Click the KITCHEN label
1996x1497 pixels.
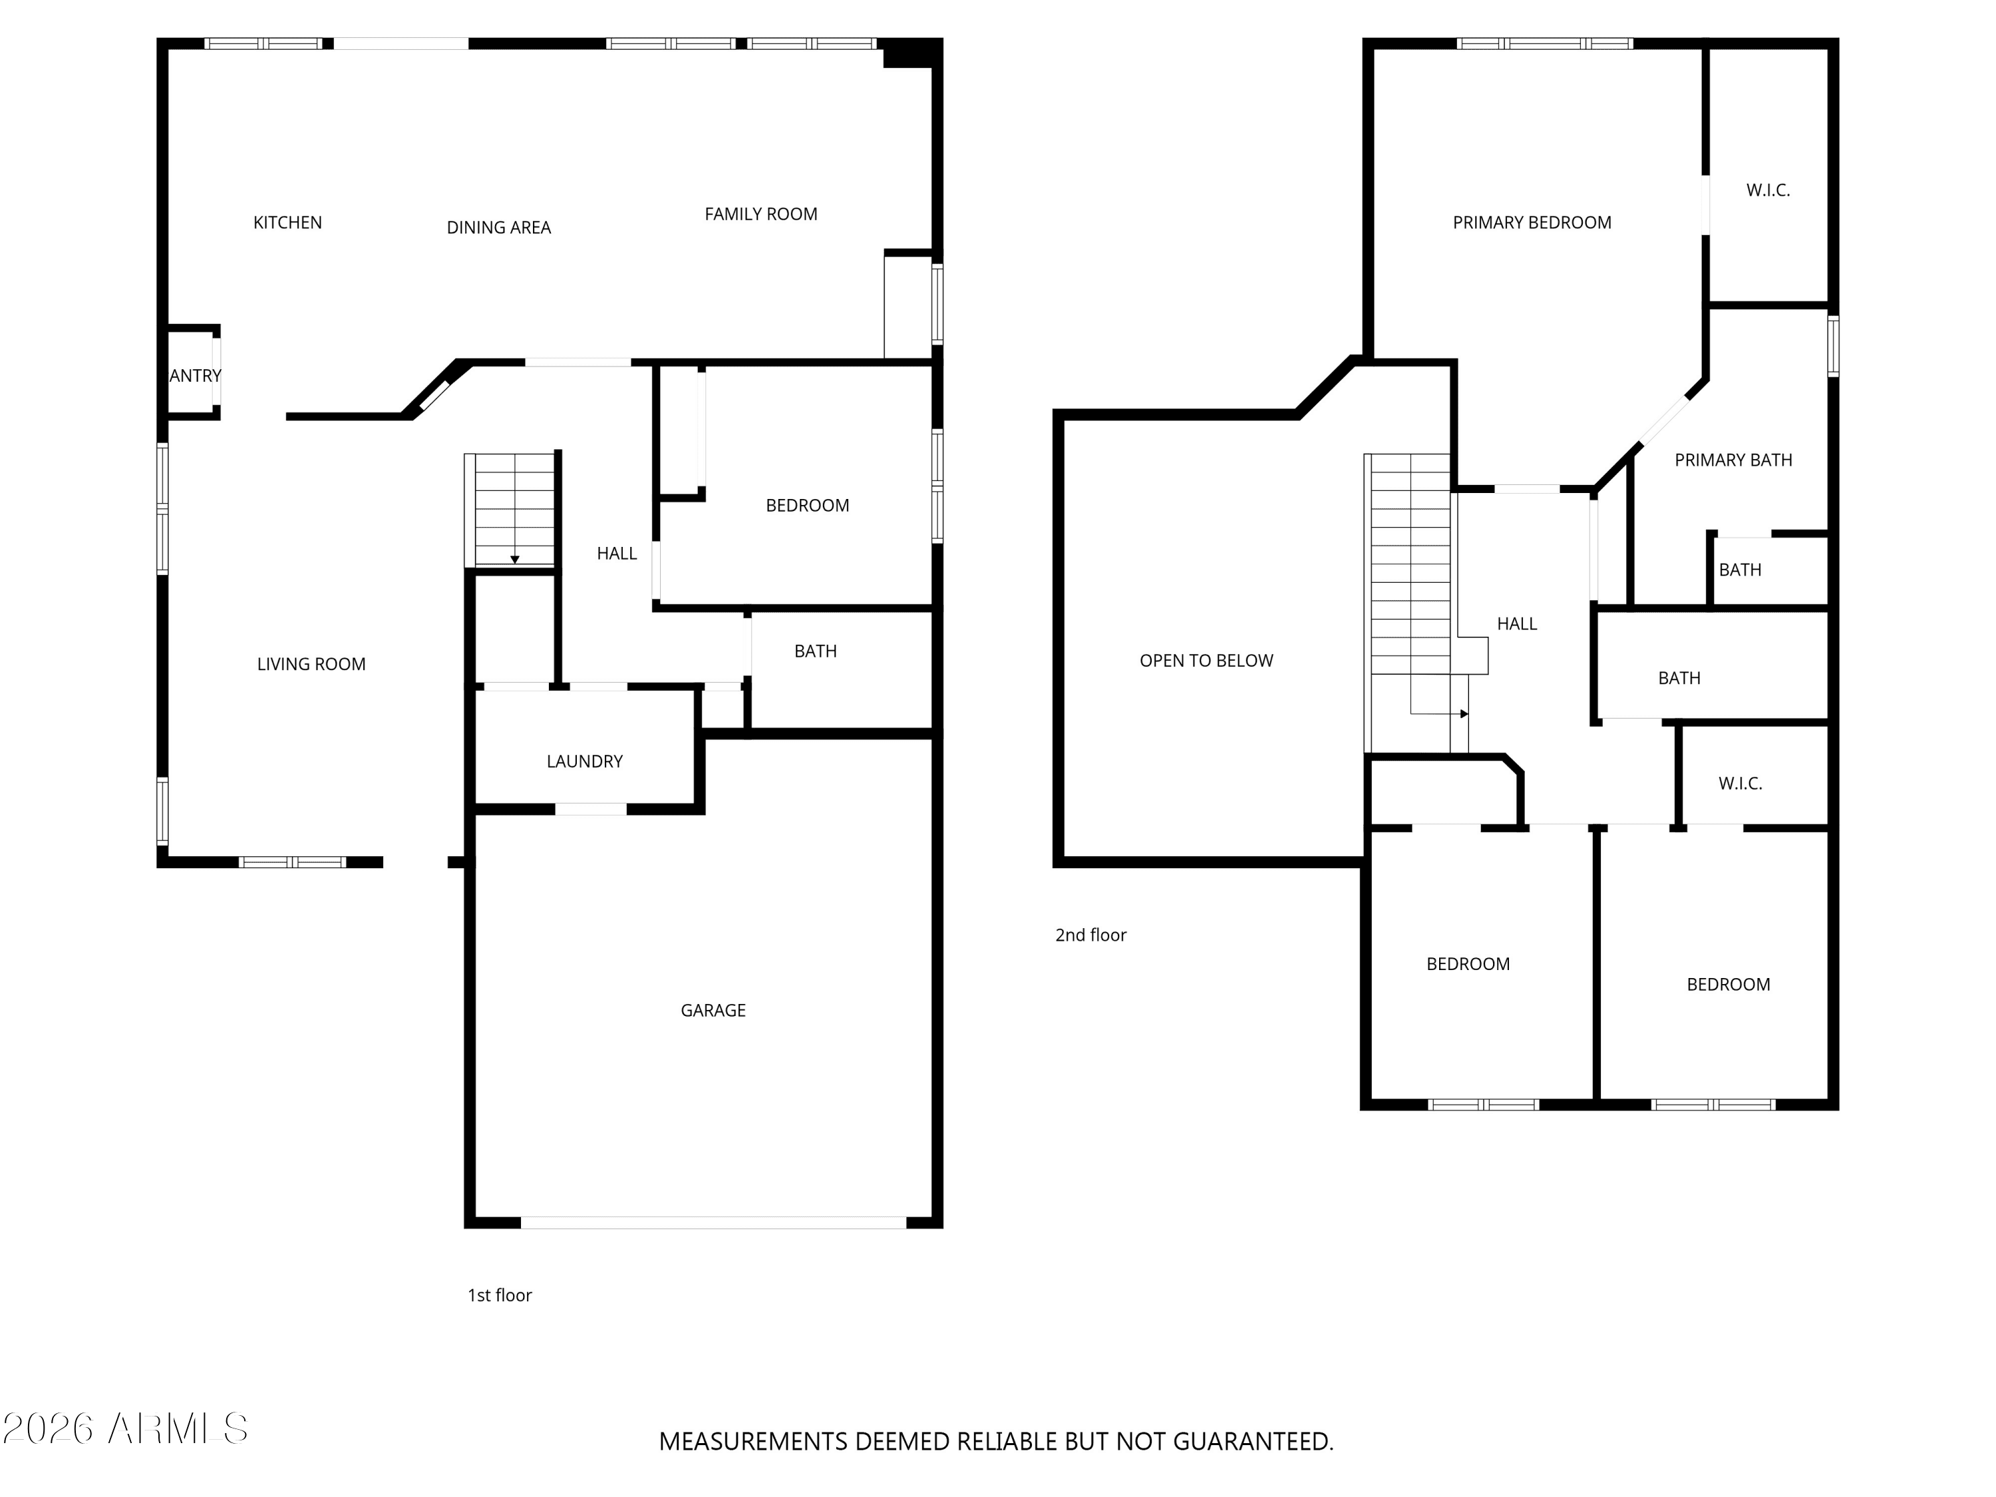[287, 223]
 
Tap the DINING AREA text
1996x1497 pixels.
[498, 228]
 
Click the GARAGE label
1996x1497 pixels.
[713, 1011]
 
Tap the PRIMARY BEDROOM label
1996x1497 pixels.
[1532, 223]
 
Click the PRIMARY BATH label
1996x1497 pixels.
[1733, 460]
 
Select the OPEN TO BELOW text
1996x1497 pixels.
[1206, 661]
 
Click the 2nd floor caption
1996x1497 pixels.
[1090, 935]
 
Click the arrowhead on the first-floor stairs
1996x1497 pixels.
[514, 560]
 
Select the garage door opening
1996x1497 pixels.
[713, 1223]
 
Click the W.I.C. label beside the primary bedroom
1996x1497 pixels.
[1768, 190]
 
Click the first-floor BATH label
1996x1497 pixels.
[815, 651]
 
